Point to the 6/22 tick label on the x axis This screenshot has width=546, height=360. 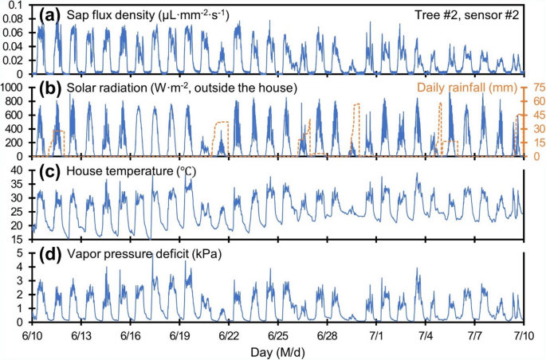(229, 336)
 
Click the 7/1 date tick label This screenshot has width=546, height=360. (377, 336)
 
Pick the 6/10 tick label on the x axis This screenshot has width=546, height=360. (32, 336)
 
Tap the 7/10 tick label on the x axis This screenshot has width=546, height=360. (524, 336)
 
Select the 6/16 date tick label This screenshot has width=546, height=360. (131, 336)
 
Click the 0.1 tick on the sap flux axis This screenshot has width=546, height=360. (17, 6)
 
